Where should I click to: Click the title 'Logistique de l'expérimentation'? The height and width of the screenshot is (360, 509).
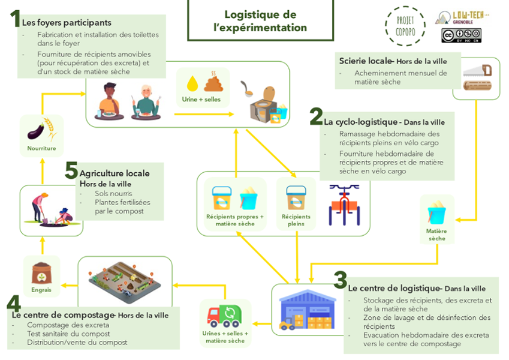coord(260,21)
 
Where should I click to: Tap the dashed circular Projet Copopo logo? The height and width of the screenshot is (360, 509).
coord(405,26)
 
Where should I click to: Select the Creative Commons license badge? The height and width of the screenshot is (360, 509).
coord(461,35)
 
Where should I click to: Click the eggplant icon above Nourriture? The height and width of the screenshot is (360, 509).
coord(36,131)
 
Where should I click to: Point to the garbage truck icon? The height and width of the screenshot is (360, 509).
coord(224,316)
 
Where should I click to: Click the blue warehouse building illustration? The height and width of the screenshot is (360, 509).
coord(307,310)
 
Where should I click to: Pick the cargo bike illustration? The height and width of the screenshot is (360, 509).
coord(344,205)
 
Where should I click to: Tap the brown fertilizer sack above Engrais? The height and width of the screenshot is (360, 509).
coord(41,274)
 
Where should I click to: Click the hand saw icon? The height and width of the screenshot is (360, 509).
coord(477,71)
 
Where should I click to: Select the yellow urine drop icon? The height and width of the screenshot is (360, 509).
coord(192,83)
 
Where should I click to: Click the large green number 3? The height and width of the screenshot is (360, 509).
coord(341,280)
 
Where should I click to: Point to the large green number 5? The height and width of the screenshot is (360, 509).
coord(71,170)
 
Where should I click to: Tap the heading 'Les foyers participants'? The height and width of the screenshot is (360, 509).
coord(67,23)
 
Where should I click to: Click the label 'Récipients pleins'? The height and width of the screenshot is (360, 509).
coord(296,220)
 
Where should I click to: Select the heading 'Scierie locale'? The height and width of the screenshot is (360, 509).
coord(366,61)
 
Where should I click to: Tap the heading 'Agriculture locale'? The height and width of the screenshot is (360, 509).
coord(115,173)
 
